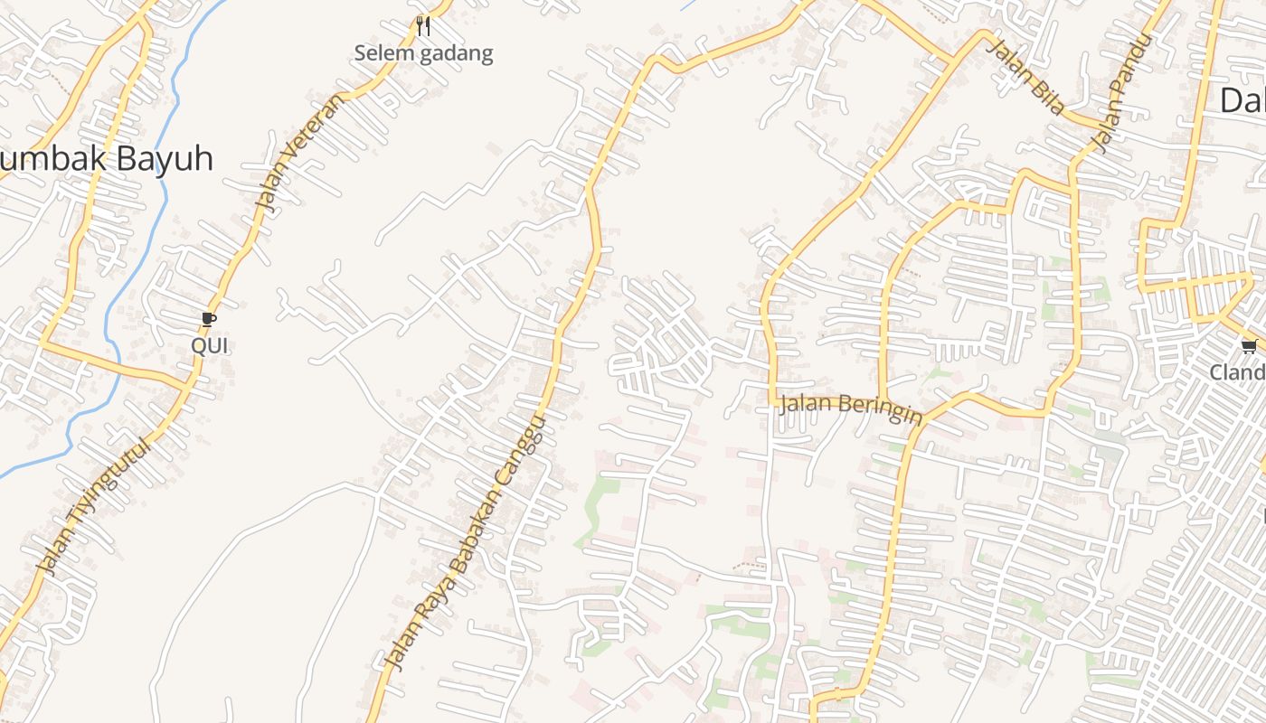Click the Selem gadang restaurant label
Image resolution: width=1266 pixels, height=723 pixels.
click(x=423, y=53)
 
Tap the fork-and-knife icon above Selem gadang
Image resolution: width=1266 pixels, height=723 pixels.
click(x=422, y=25)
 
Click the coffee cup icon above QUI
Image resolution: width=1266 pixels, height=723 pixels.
click(x=209, y=319)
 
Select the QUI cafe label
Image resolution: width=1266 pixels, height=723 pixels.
click(x=209, y=345)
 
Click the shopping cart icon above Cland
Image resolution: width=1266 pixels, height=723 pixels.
click(x=1250, y=346)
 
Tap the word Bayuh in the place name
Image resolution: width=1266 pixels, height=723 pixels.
click(x=163, y=160)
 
